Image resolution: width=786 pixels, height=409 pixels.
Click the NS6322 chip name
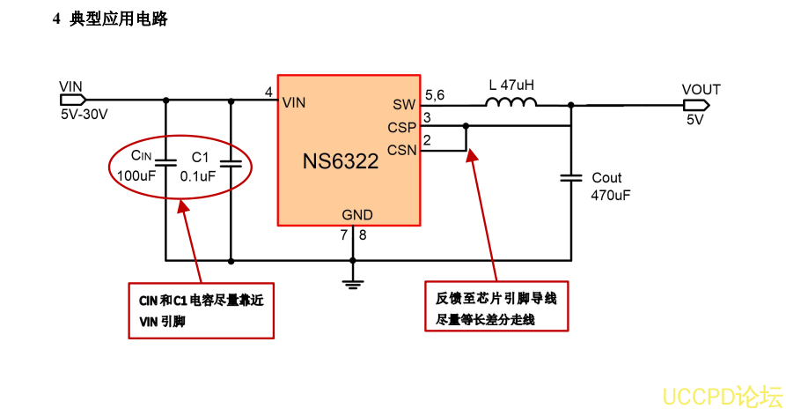coord(341,161)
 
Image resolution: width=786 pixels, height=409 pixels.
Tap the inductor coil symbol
coord(511,104)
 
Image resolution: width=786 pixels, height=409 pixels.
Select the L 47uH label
coord(511,86)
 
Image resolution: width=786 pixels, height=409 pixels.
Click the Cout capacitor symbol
coord(571,178)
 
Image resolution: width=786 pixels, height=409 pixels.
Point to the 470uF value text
coord(610,195)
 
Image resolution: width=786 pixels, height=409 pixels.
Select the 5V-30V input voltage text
coord(84,115)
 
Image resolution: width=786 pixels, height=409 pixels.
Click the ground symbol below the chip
coord(353,283)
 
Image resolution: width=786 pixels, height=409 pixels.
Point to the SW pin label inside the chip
coord(404,105)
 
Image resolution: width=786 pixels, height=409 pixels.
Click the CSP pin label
coord(401,127)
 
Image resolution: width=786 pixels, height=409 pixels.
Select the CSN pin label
coord(401,149)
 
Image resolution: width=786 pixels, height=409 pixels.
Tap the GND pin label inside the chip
coord(356,215)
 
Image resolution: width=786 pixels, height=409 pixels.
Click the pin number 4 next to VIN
coord(268,92)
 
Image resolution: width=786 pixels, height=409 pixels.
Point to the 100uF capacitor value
coord(136,175)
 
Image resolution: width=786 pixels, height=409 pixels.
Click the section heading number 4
coord(57,19)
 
